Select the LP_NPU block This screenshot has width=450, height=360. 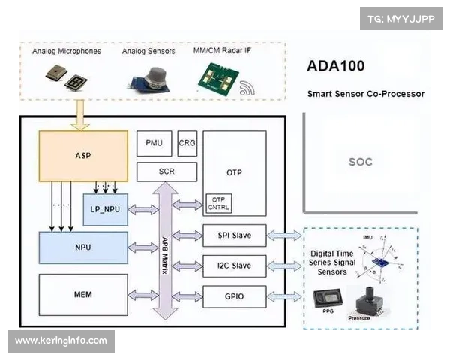pos(105,209)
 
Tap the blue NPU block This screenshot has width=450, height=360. pos(83,247)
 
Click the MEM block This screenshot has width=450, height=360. pos(83,295)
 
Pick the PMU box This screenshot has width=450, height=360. pos(154,142)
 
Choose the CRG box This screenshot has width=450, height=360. pos(187,142)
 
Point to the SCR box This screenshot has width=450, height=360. pos(166,172)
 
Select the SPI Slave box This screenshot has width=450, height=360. pos(235,235)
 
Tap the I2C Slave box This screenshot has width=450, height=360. pos(235,266)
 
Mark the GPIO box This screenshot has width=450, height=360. pos(235,297)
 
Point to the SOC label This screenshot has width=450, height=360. pos(361,162)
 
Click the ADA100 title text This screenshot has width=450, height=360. pos(336,65)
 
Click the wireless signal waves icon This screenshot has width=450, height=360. pos(246,90)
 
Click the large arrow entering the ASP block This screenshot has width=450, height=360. pos(79,115)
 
